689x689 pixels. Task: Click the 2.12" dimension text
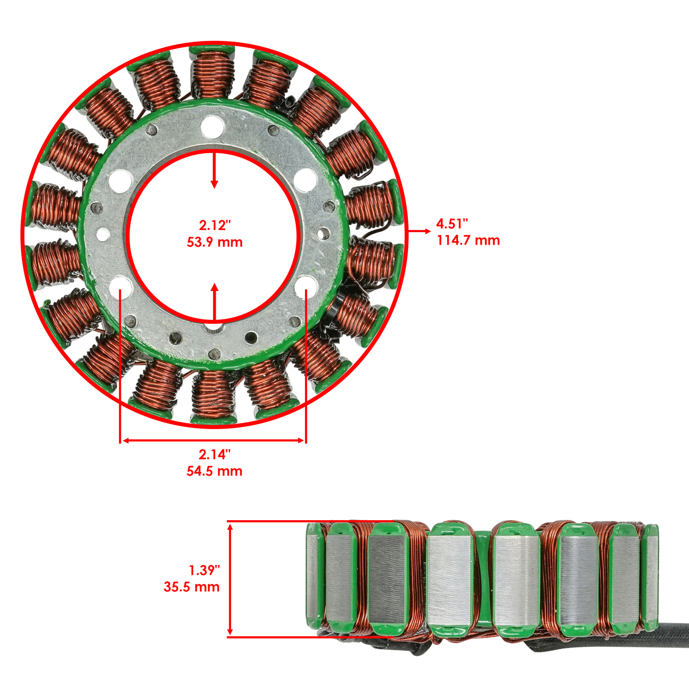[x=214, y=225]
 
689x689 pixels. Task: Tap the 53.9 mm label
[x=214, y=242]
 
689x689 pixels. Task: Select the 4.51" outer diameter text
[x=452, y=224]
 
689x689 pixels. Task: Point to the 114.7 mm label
[x=468, y=240]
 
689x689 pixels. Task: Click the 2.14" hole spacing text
[x=214, y=454]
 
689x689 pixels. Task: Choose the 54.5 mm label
[x=214, y=471]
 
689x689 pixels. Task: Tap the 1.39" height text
[x=204, y=570]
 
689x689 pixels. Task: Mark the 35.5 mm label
[x=192, y=587]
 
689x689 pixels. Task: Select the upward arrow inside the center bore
[x=214, y=301]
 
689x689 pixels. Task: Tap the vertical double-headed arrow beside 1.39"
[x=230, y=579]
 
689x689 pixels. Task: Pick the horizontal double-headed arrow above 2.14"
[x=214, y=441]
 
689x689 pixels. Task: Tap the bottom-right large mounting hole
[x=306, y=286]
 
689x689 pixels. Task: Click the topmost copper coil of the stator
[x=213, y=73]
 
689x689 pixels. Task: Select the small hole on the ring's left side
[x=103, y=235]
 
